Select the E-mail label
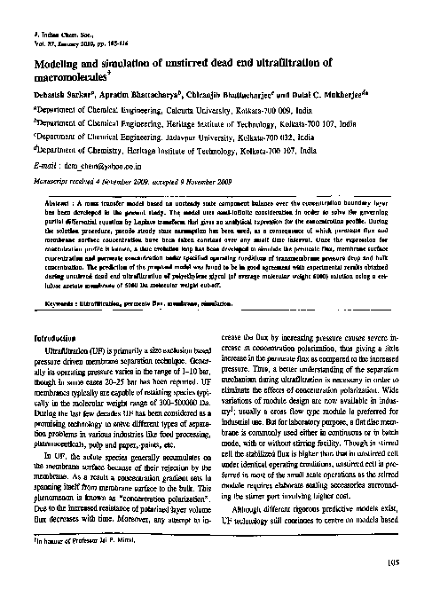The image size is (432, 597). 44,164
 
